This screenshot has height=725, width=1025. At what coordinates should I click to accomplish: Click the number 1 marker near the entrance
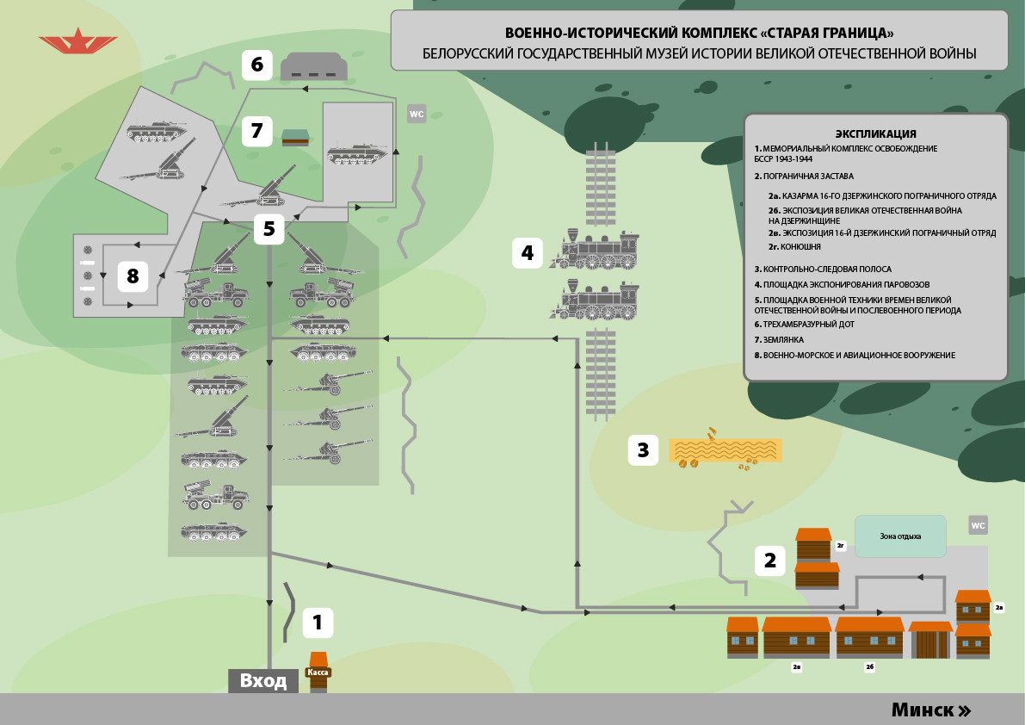pos(318,622)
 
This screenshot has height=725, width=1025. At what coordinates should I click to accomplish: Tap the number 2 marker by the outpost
pos(770,561)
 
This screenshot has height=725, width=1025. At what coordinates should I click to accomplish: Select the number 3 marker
pos(643,449)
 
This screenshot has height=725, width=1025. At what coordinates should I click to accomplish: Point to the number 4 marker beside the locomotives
pos(528,252)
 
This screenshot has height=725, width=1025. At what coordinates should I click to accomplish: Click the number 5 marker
pos(269,228)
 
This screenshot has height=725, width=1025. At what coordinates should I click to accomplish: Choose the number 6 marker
pos(256,64)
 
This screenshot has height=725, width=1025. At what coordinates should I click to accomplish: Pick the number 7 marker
pos(256,131)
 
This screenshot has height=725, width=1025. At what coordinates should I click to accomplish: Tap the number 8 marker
pos(133,276)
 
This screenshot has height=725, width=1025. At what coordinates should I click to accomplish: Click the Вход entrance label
pos(263,681)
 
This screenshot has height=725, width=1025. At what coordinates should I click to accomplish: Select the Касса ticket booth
pos(318,672)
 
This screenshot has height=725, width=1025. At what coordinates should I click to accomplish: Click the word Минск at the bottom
pos(923,710)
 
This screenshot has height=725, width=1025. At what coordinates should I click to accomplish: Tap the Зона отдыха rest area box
pos(900,536)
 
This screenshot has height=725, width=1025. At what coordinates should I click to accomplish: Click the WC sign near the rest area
pos(978,525)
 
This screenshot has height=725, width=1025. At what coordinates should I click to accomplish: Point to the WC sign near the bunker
pos(417,114)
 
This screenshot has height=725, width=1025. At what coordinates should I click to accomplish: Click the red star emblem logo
pos(78,40)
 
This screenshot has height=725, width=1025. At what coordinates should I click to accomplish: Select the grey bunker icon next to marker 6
pos(315,66)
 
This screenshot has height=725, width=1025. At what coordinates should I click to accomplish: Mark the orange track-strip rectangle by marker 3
pos(726,450)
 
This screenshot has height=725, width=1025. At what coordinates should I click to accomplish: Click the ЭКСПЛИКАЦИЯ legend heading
pos(875,133)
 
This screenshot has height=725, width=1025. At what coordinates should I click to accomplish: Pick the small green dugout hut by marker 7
pos(295,137)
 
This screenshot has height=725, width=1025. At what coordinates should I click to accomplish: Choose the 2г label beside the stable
pos(841,545)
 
